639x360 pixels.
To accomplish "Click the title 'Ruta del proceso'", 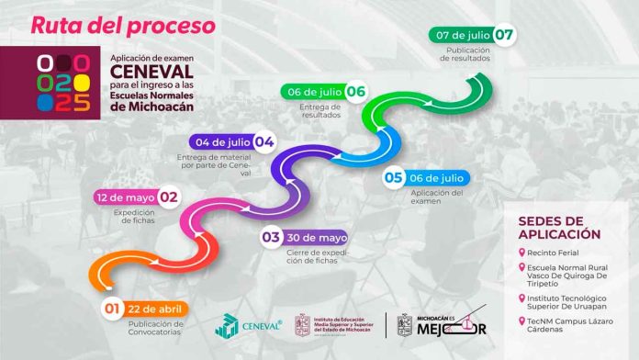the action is pos(123,24).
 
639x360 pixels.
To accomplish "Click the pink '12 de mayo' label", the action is pos(125,197).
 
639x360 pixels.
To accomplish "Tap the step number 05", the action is pos(395,177).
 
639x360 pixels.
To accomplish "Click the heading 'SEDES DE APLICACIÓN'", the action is pos(559,227).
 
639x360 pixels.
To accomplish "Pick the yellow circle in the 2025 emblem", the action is pos(82,83).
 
